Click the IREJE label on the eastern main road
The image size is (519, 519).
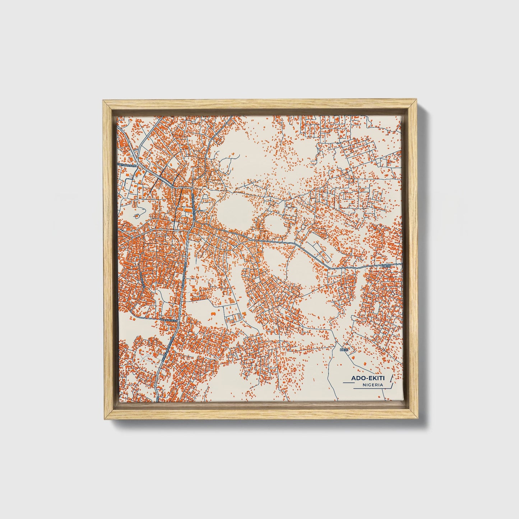(386, 266)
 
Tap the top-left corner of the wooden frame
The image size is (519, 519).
(103, 102)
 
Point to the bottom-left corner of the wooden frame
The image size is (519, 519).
(103, 419)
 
